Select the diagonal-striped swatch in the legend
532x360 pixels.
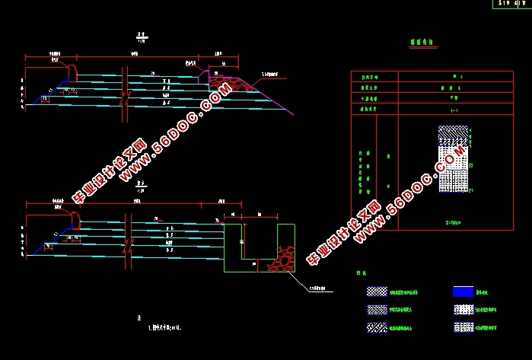point(376,327)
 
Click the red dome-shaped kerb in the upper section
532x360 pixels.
point(75,70)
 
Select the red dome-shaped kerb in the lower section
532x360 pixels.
point(77,219)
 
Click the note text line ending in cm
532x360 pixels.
point(163,329)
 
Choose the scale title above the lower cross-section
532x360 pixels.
point(140,186)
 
